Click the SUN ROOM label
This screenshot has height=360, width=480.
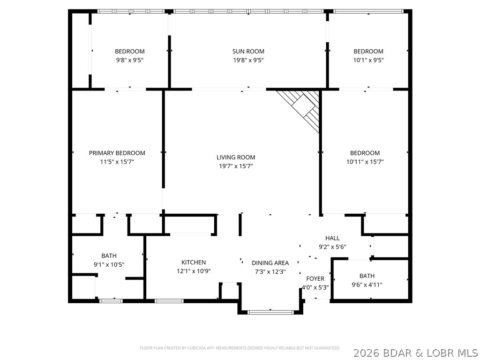click(248, 52)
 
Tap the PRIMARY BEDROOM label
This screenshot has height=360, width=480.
click(117, 153)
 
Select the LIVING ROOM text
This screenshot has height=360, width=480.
click(236, 157)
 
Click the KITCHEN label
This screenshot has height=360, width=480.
click(194, 262)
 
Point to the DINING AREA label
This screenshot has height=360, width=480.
click(270, 263)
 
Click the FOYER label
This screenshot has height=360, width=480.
click(315, 279)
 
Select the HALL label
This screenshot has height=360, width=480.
click(332, 238)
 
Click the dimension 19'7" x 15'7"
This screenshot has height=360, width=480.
click(236, 166)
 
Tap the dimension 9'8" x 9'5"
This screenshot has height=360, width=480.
click(130, 60)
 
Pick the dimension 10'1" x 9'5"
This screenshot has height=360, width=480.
click(368, 60)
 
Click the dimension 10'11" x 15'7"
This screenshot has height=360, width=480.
click(365, 162)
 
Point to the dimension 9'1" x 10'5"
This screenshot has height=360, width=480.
click(109, 264)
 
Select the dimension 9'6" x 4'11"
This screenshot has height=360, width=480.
click(367, 285)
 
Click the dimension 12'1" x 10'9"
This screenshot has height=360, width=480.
click(194, 271)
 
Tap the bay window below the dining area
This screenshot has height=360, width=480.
click(270, 312)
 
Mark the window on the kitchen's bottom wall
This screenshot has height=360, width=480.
click(169, 301)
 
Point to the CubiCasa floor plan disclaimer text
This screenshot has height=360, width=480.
click(240, 348)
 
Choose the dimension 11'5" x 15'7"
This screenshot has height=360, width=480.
click(117, 162)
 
